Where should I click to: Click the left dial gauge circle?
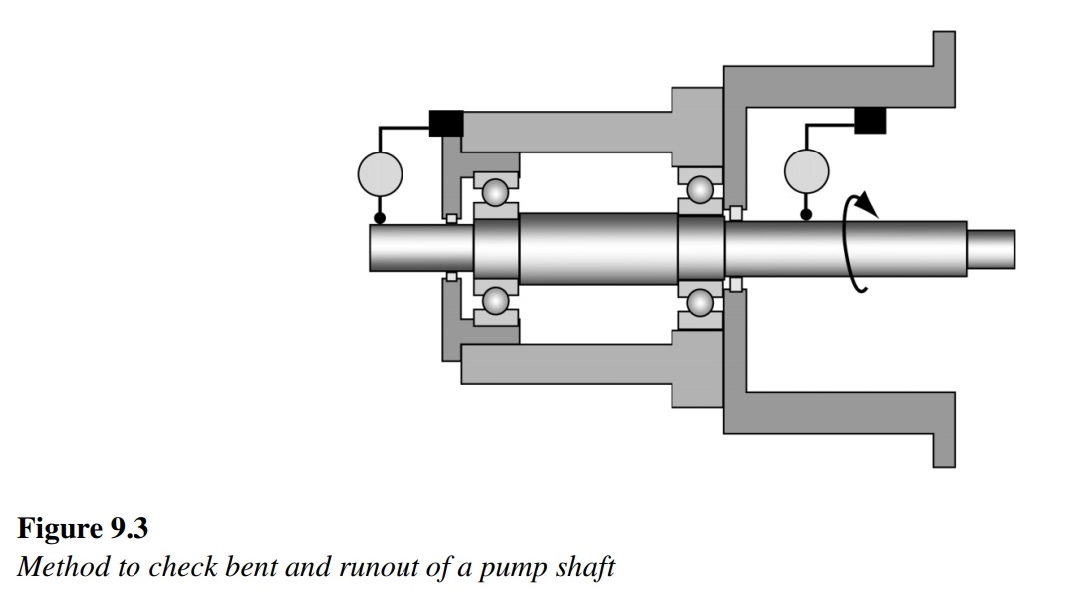coord(380,174)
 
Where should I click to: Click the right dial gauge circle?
coord(807,170)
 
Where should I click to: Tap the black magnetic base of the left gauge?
coord(445,122)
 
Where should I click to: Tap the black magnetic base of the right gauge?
coord(870,120)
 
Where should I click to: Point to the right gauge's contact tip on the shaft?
coord(807,213)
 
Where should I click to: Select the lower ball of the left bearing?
coord(496,300)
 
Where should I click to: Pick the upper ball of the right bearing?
coord(700,189)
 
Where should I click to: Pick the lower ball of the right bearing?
coord(700,301)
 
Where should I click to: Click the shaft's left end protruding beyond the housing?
coord(403,247)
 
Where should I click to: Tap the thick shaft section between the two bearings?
coord(598,247)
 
